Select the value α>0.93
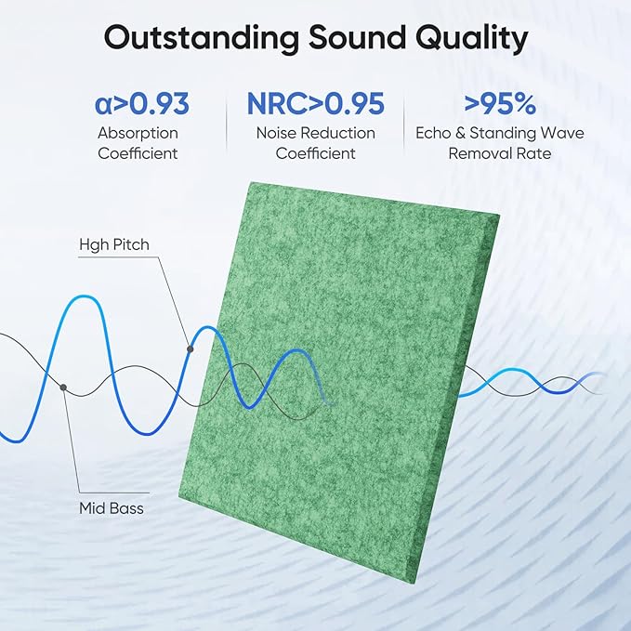pyautogui.click(x=142, y=102)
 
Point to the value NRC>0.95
pyautogui.click(x=315, y=102)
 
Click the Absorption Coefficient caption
pyautogui.click(x=138, y=143)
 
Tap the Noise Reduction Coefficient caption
pyautogui.click(x=315, y=143)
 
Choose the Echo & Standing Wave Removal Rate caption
pyautogui.click(x=500, y=143)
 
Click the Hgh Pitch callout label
pyautogui.click(x=114, y=244)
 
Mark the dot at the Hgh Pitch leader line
pyautogui.click(x=190, y=349)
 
